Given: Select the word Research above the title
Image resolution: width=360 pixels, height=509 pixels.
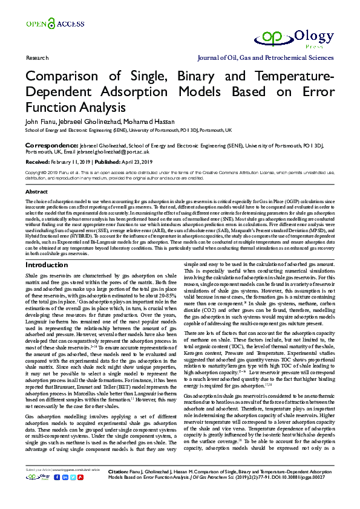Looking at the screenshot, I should pos(38,58).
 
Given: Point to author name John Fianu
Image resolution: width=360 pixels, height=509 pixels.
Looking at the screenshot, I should pos(39,122).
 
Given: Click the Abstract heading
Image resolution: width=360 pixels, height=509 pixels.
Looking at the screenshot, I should pos(37,191).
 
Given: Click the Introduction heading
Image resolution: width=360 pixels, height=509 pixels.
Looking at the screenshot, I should pos(47,265).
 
